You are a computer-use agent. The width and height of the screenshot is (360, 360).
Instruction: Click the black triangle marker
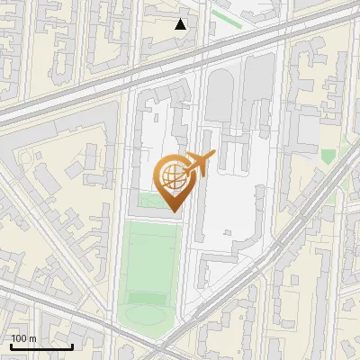(x=181, y=24)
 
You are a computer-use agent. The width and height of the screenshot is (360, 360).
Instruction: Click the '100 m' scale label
(x=23, y=338)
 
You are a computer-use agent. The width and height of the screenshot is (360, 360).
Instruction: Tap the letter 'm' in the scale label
(x=32, y=338)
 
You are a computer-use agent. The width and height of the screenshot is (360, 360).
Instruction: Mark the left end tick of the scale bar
(x=10, y=346)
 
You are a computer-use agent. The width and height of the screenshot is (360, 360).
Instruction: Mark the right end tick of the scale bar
(x=72, y=346)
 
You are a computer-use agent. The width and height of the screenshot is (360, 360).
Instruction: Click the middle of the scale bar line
(x=40, y=347)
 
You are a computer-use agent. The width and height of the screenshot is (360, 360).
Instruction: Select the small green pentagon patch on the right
(x=328, y=156)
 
